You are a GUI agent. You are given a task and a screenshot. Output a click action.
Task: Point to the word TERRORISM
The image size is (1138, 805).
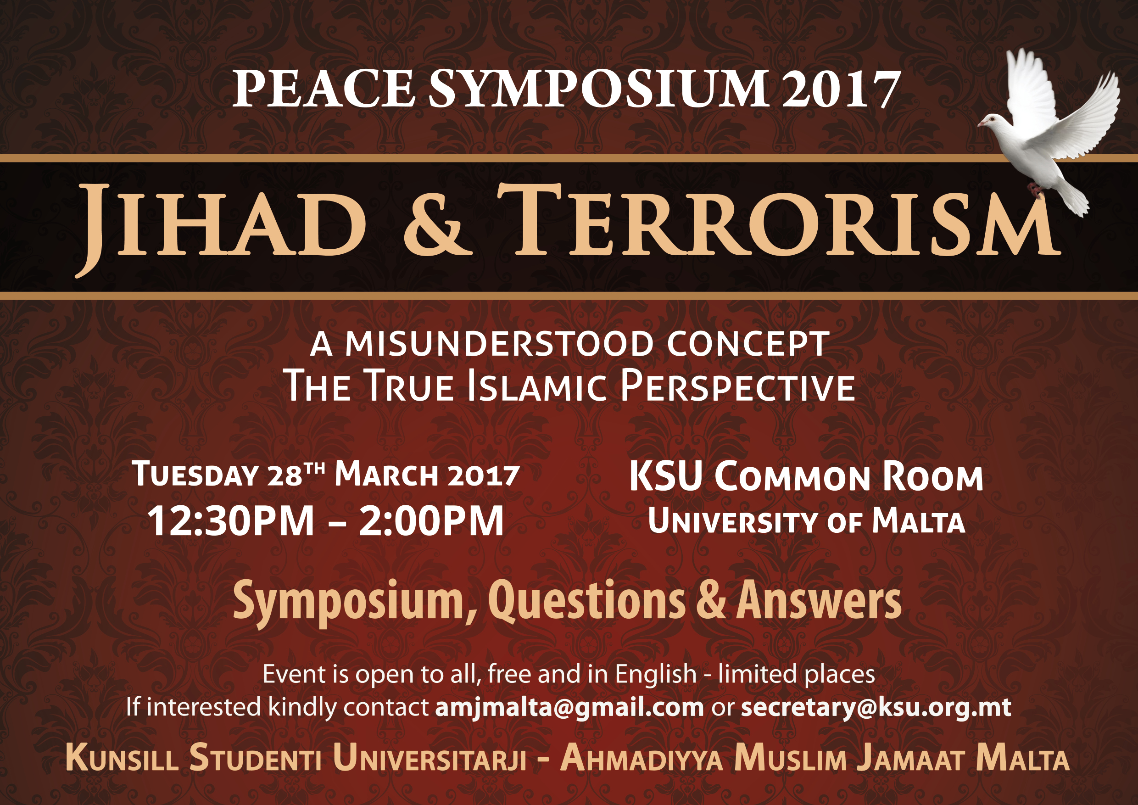coord(779,221)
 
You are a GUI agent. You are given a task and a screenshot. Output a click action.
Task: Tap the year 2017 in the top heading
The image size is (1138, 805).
coord(841,89)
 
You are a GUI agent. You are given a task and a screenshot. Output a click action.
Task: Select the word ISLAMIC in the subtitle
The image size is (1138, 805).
coord(537,386)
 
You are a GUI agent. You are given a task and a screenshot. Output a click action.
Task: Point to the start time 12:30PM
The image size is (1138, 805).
coord(230,521)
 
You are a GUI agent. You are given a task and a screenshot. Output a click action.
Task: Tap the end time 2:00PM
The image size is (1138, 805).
coord(431,521)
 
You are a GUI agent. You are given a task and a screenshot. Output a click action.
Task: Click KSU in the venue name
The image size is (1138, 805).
coord(666,476)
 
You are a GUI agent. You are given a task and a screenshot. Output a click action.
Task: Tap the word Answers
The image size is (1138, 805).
coord(819,601)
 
